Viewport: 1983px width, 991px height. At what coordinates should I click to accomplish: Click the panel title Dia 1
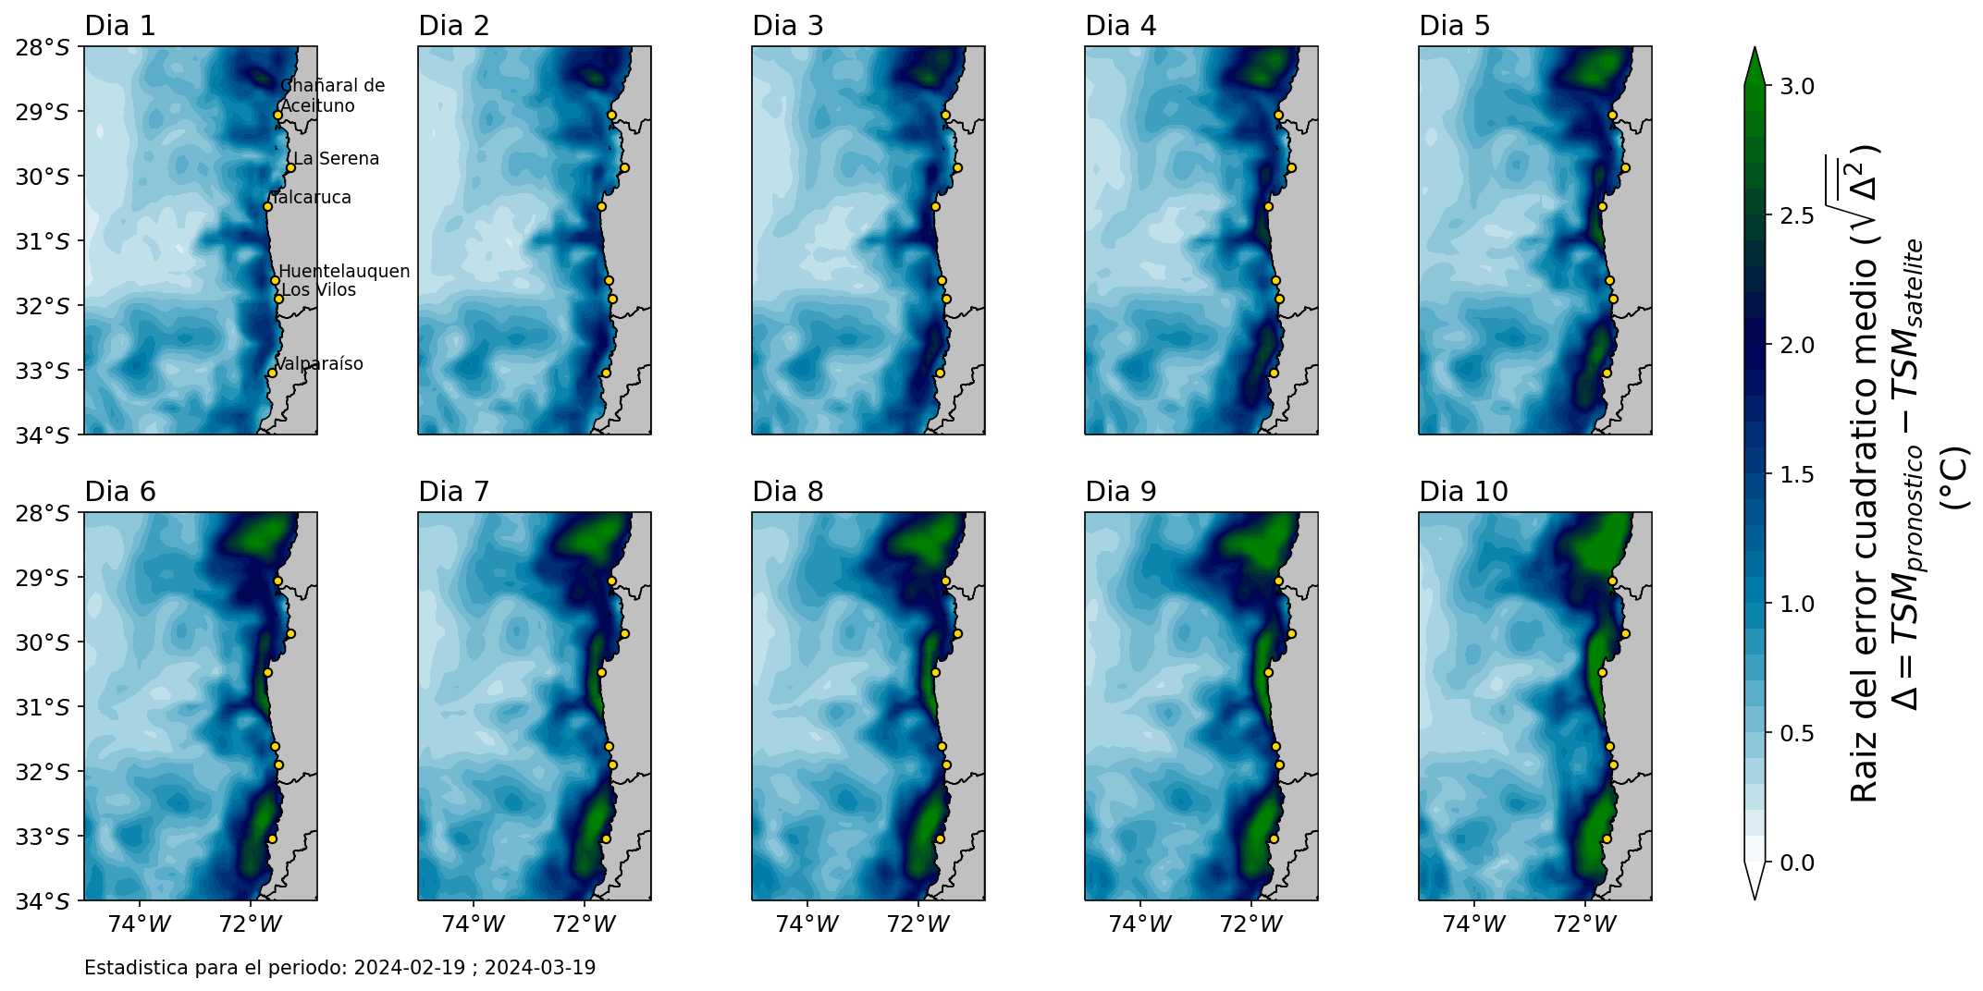point(120,26)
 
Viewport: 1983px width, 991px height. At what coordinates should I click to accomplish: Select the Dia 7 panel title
point(454,492)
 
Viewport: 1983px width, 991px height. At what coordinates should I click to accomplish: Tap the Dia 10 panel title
point(1464,492)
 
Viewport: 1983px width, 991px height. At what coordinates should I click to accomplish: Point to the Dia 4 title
point(1121,26)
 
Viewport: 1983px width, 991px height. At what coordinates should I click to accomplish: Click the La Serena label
point(337,159)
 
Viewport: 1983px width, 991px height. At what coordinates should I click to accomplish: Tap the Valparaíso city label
point(319,364)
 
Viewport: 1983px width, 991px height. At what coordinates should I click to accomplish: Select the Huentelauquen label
point(344,272)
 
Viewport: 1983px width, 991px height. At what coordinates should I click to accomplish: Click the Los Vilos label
point(318,290)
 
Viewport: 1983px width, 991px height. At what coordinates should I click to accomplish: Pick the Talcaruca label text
point(311,198)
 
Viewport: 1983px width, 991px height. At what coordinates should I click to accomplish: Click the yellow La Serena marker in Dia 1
point(290,168)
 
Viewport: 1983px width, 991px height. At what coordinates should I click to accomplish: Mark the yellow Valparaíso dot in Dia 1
point(272,373)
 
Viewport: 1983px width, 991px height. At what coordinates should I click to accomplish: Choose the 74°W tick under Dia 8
point(807,924)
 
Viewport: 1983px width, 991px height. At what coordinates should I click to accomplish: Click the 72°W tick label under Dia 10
point(1585,924)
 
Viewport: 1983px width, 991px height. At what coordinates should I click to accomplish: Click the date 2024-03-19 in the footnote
point(540,968)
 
